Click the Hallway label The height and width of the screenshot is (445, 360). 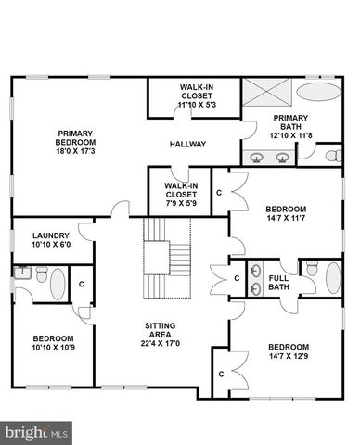pos(187,144)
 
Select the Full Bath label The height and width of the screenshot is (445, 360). pos(278,283)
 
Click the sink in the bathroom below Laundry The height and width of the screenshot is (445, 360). pos(20,273)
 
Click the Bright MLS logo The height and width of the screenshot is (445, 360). pos(37,431)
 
